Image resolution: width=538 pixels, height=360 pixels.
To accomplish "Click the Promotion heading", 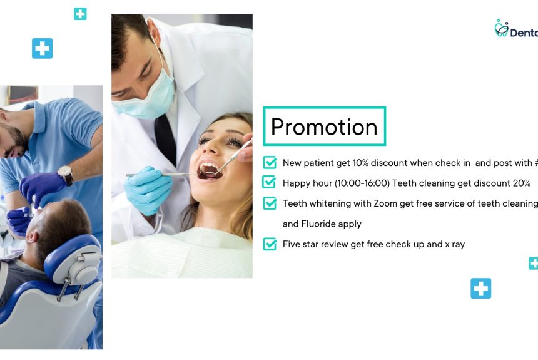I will tap(324, 126).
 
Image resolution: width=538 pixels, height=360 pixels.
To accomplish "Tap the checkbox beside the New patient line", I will tap(270, 163).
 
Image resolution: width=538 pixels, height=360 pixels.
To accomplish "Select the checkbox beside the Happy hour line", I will tap(270, 183).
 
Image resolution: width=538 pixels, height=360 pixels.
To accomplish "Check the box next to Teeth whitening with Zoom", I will tap(270, 203).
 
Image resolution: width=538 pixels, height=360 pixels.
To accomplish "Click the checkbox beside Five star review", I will tap(270, 244).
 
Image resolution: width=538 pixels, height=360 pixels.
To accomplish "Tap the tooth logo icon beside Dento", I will tap(501, 28).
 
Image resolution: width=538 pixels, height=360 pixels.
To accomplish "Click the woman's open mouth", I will tap(209, 170).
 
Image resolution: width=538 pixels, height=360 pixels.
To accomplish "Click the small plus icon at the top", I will tap(80, 14).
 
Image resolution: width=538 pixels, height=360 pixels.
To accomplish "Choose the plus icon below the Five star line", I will tap(480, 289).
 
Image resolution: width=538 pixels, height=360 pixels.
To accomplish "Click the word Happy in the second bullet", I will tap(297, 183).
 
